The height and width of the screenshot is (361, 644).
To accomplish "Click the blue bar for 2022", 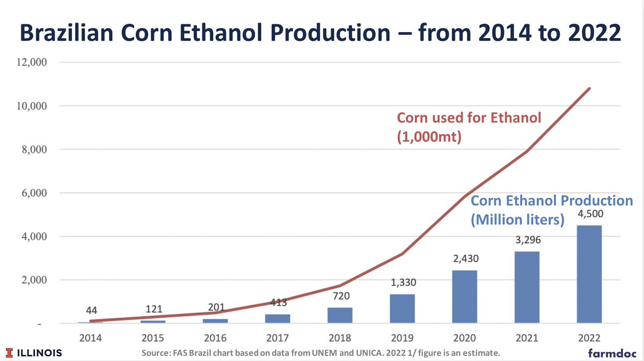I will tap(589, 274).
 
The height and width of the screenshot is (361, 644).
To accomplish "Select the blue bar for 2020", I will tap(464, 297).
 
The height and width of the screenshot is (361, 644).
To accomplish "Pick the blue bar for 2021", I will tap(526, 287).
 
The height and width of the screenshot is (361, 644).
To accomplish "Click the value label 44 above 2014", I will tap(91, 311).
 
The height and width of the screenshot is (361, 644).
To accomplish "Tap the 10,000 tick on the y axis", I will tap(33, 106).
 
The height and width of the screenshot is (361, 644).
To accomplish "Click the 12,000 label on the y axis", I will tap(33, 62).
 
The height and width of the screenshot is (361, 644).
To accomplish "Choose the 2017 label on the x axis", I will tap(277, 338).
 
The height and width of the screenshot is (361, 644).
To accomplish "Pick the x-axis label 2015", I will tap(153, 338).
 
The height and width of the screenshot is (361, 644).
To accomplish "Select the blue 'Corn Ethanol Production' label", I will tap(551, 202).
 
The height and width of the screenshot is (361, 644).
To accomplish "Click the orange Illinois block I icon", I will tap(9, 353).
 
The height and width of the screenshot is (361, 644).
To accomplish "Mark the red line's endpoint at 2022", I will tap(590, 89).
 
